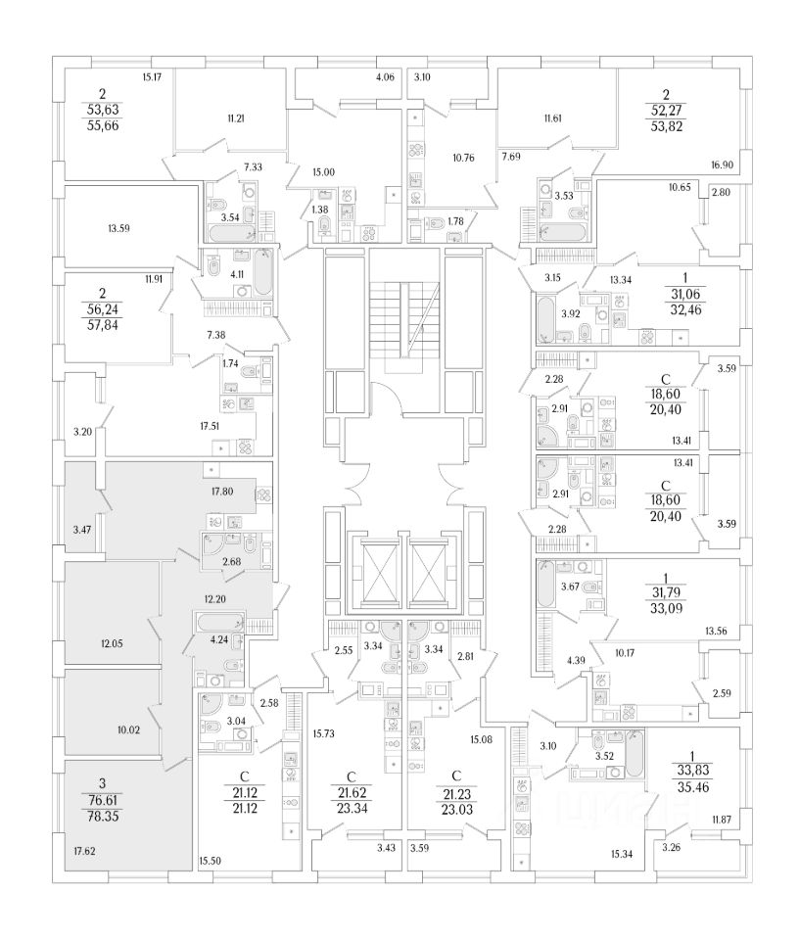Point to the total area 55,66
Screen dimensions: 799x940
[101, 127]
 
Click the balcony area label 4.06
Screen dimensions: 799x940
[384, 78]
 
